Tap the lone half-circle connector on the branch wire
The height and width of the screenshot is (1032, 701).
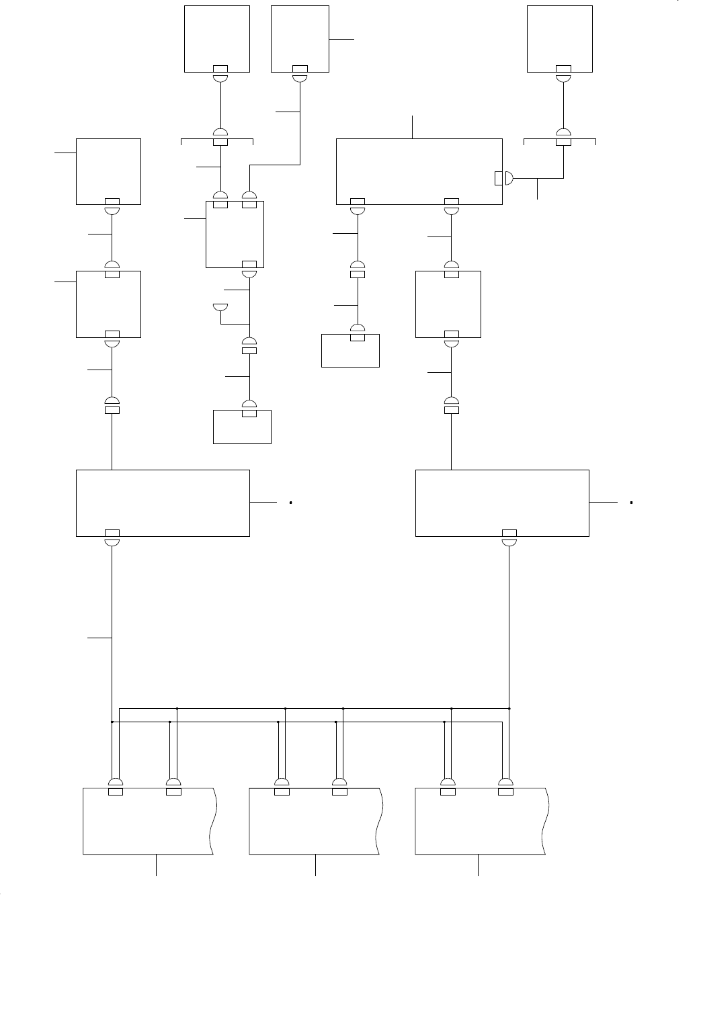[219, 307]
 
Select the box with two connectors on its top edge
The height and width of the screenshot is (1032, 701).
[235, 234]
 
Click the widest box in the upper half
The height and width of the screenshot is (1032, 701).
[419, 171]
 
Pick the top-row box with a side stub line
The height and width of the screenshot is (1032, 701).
[300, 38]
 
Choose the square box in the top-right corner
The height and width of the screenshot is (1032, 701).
[560, 38]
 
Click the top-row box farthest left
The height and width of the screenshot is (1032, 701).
[217, 38]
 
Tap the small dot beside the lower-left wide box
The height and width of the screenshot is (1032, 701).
[290, 502]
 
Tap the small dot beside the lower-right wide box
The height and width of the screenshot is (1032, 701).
[632, 502]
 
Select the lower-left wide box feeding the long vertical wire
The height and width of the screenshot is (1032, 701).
[163, 503]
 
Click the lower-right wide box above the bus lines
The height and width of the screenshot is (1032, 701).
[502, 503]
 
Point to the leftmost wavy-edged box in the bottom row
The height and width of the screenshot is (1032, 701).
[148, 821]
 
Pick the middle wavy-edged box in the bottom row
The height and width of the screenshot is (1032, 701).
[315, 821]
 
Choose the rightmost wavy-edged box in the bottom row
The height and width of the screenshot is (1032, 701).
[481, 821]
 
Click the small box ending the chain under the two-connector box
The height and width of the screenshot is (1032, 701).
[242, 427]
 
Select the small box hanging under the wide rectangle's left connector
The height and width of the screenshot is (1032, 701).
[350, 350]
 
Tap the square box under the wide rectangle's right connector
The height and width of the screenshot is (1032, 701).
[448, 304]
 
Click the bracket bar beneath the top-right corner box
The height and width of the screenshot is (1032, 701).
[560, 140]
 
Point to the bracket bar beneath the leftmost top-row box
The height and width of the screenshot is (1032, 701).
[217, 140]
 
